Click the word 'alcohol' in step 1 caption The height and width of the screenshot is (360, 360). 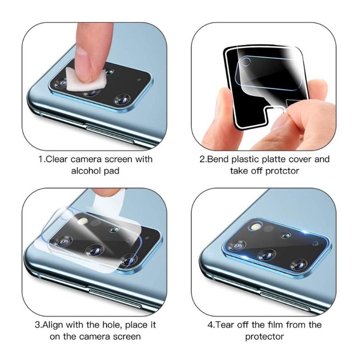coord(86,171)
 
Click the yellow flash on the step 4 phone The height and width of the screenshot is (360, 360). coord(255,227)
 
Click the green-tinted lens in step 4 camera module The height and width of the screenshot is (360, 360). coord(286,236)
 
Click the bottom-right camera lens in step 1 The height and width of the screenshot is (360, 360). coord(123,100)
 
